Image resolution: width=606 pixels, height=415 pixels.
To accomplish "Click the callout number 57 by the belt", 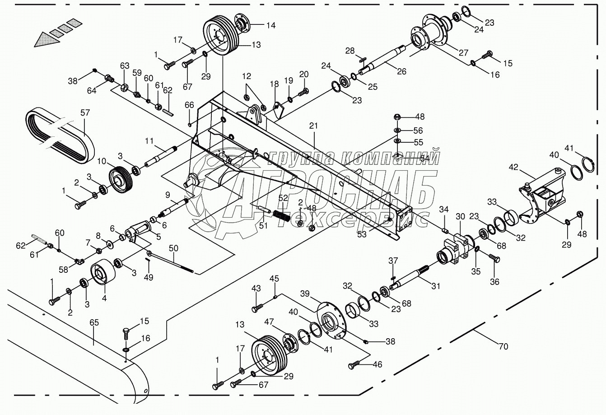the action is coord(85,112).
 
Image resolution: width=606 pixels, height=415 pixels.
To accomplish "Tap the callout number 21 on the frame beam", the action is coord(313,126).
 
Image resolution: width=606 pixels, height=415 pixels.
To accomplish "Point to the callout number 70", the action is coord(503,346).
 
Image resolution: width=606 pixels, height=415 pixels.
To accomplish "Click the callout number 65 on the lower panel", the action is coord(94,322).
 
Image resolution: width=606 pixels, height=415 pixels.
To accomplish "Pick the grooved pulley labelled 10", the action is coord(121,180).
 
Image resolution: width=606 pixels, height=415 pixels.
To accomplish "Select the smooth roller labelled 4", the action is coord(103,271).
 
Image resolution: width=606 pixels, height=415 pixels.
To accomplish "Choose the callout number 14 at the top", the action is coord(271,25).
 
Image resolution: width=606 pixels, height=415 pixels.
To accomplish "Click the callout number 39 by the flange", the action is coord(305,294).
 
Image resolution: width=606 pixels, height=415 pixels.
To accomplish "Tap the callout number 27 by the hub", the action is coord(464,52).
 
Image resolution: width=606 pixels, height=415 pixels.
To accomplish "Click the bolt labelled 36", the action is coord(494,258).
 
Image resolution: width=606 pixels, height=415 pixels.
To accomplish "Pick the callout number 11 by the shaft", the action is coord(149,141).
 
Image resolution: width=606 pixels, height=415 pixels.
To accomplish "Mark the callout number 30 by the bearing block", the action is coord(460,216).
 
